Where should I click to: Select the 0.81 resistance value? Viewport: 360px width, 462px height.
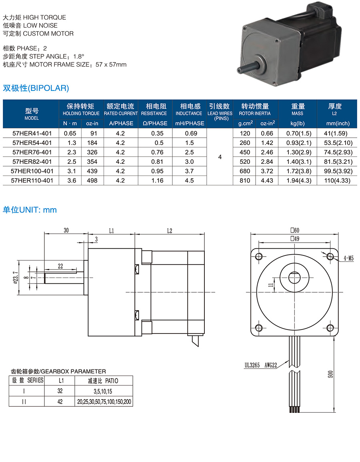[x=157, y=162]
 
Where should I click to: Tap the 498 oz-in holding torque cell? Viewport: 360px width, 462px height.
[x=92, y=181]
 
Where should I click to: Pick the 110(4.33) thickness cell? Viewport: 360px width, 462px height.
[x=337, y=181]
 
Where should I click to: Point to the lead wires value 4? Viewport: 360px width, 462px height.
[x=220, y=157]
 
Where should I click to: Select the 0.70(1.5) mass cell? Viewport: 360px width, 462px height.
[x=299, y=133]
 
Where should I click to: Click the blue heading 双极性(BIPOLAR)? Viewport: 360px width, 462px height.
[x=36, y=88]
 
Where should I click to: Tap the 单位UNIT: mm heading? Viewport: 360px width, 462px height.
[x=30, y=210]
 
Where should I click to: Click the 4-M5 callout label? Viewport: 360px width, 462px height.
[x=348, y=258]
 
